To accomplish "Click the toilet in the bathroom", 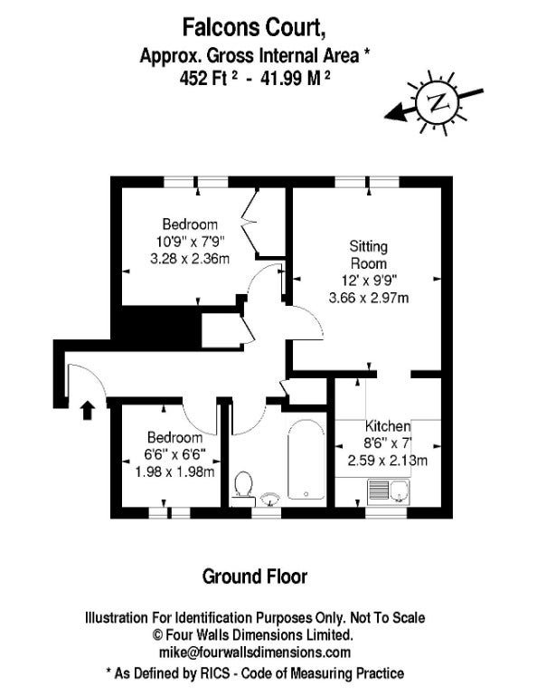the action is click(x=243, y=489).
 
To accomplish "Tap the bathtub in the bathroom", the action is click(x=306, y=459).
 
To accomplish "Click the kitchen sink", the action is click(x=388, y=491).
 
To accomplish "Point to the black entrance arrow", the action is click(x=88, y=411).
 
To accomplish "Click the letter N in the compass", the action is click(x=437, y=102).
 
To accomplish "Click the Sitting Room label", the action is click(x=368, y=255).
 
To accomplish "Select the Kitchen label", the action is click(x=387, y=426).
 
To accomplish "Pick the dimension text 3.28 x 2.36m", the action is click(x=190, y=259).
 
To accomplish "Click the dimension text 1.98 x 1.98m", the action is click(x=174, y=471).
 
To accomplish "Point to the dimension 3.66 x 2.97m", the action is click(x=369, y=298).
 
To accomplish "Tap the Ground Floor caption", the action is click(x=255, y=576).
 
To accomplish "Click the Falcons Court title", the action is click(x=255, y=27).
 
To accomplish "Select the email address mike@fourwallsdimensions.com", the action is click(x=255, y=652).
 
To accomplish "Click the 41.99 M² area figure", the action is click(x=296, y=79).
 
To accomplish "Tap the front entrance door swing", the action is click(x=87, y=380).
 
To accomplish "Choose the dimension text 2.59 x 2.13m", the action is click(x=387, y=461).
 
